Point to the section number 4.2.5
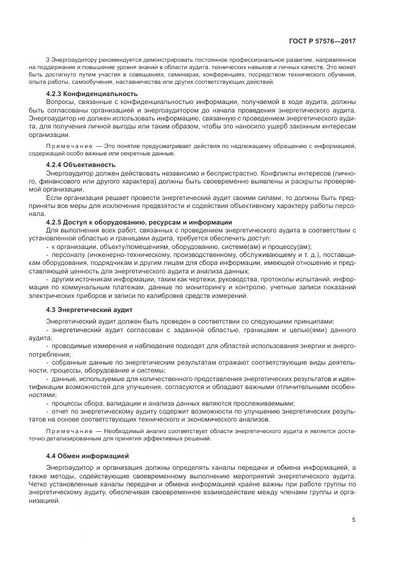(57, 221)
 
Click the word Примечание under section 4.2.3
(67, 147)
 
